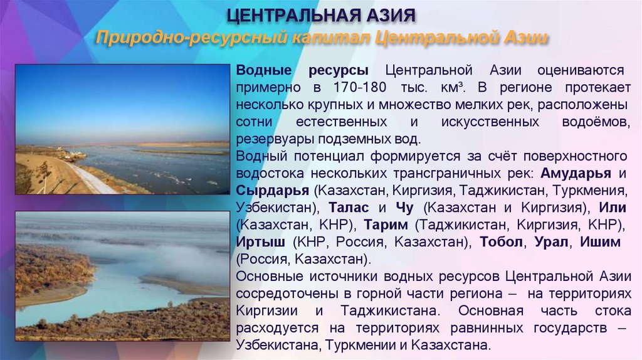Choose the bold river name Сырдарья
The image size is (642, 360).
273,189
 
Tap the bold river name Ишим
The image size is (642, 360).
600,241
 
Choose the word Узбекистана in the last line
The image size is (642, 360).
277,344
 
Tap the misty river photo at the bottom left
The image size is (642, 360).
122,276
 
